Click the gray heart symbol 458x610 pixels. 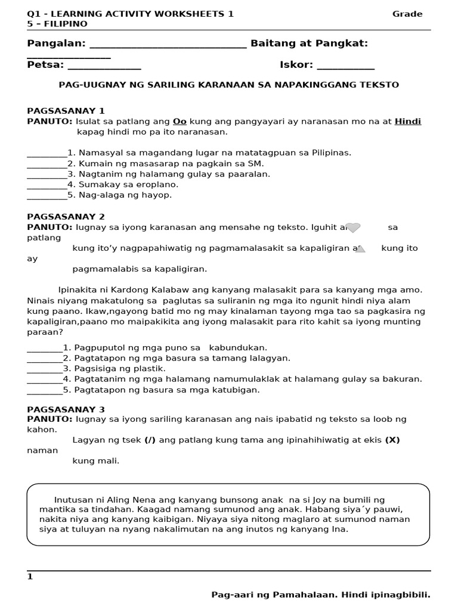pyautogui.click(x=353, y=228)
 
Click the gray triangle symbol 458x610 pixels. pyautogui.click(x=360, y=248)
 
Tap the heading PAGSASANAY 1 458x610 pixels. pyautogui.click(x=66, y=111)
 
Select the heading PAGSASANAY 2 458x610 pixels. pyautogui.click(x=66, y=217)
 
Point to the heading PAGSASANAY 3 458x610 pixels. pyautogui.click(x=66, y=409)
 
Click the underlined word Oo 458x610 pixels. pyautogui.click(x=180, y=122)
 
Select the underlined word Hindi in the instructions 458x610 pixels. pyautogui.click(x=408, y=122)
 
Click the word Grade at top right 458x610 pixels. pyautogui.click(x=407, y=14)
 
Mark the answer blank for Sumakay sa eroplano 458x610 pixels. pyautogui.click(x=47, y=185)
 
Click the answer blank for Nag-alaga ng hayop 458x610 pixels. pyautogui.click(x=47, y=196)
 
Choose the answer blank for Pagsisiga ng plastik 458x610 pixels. pyautogui.click(x=45, y=369)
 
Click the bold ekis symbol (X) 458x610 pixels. pyautogui.click(x=392, y=440)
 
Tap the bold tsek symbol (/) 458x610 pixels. pyautogui.click(x=151, y=440)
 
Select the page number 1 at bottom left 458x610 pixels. pyautogui.click(x=30, y=577)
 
